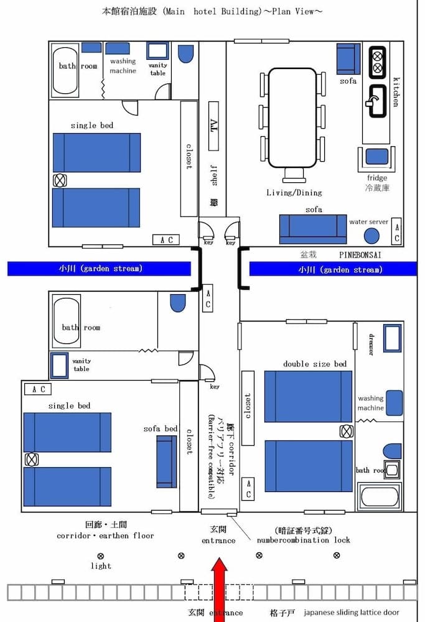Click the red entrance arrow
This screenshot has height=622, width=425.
click(x=218, y=588)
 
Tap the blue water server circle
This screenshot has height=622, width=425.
click(x=371, y=236)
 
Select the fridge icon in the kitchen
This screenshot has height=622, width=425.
click(x=376, y=157)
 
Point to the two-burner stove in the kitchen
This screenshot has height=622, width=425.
click(x=377, y=62)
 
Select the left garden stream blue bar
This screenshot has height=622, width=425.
click(x=99, y=269)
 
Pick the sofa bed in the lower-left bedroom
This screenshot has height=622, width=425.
click(x=166, y=462)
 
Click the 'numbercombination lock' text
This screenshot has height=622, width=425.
click(x=304, y=540)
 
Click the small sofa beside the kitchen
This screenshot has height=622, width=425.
click(x=348, y=58)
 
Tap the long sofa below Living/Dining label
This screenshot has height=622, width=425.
click(x=313, y=228)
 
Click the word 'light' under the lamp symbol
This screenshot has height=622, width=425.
click(x=101, y=565)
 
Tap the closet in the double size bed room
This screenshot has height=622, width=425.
click(x=248, y=408)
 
